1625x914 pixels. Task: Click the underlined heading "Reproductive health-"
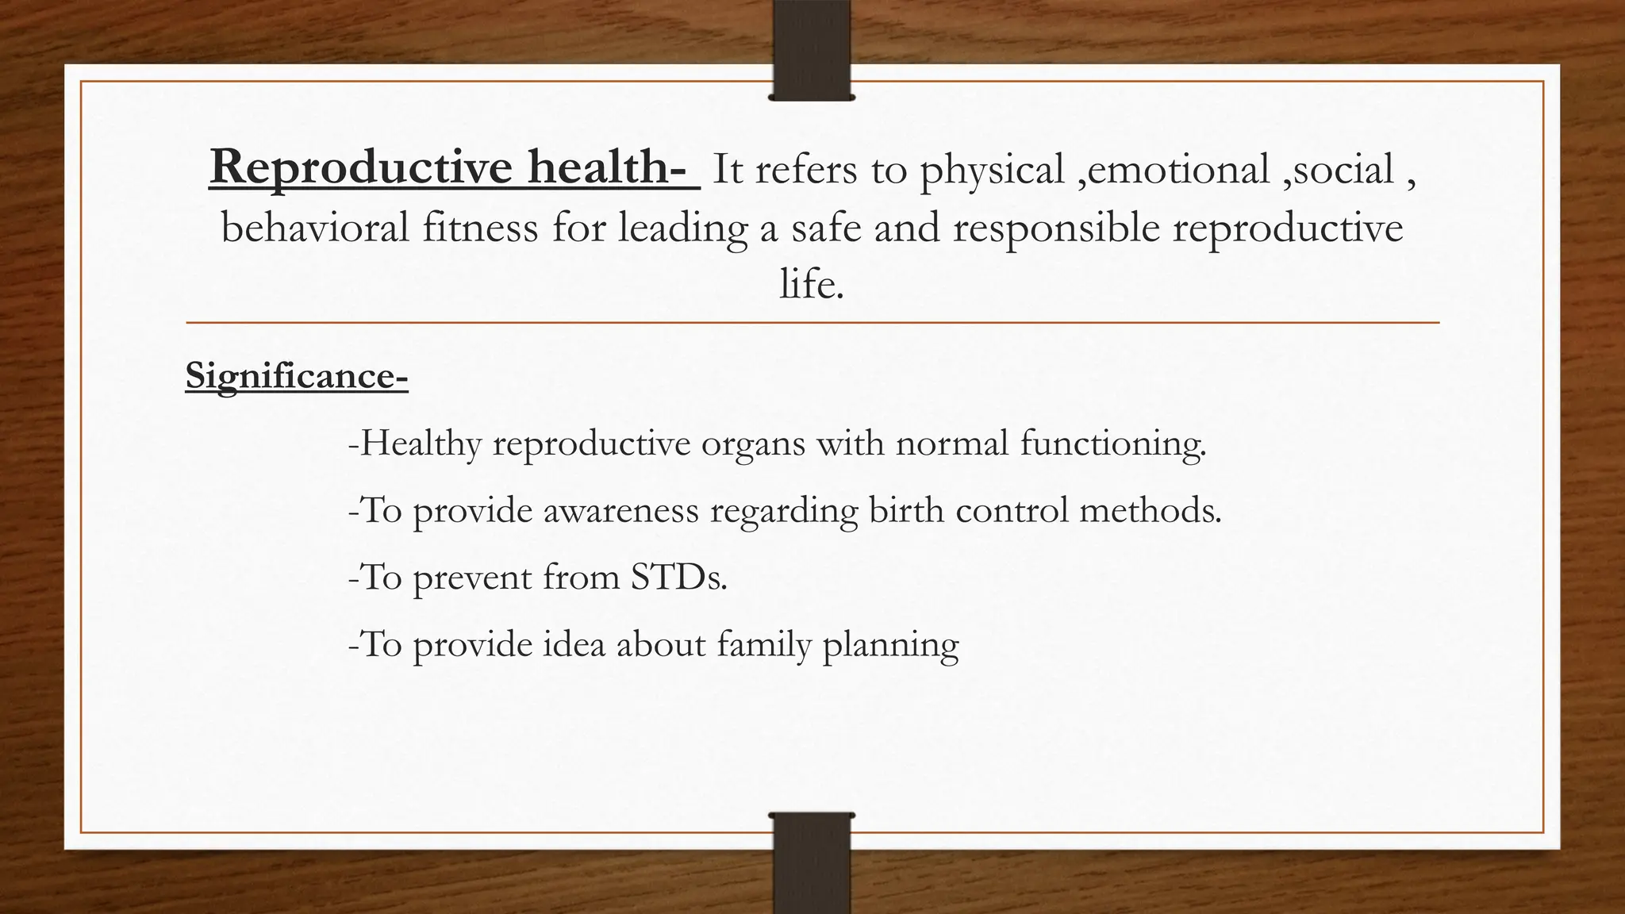click(x=454, y=168)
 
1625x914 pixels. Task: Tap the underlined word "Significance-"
click(x=297, y=375)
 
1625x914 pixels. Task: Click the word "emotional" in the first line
click(x=1179, y=169)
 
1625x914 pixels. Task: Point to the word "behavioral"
click(x=315, y=228)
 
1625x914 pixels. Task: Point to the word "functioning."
click(x=1112, y=444)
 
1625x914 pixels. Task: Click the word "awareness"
click(x=620, y=510)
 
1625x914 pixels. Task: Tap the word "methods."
click(x=1150, y=510)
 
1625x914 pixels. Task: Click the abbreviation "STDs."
click(x=679, y=577)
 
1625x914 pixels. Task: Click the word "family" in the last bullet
click(x=764, y=644)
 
